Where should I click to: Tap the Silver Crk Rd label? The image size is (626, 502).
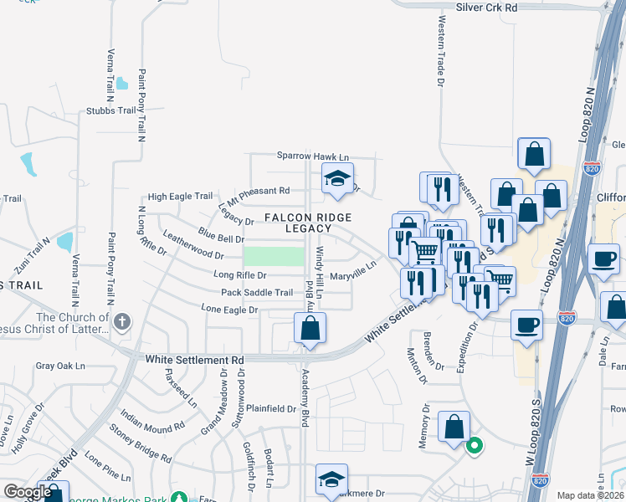click(x=488, y=7)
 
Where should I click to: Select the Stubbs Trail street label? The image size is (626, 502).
click(x=110, y=110)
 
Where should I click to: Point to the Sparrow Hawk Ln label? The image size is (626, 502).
click(x=313, y=156)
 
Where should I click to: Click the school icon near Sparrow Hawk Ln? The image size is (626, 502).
click(x=337, y=177)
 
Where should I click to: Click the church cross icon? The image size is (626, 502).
click(x=122, y=321)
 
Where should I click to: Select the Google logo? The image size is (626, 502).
click(x=28, y=492)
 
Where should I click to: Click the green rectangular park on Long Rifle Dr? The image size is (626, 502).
click(x=274, y=257)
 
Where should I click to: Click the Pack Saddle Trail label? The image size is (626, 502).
click(x=257, y=293)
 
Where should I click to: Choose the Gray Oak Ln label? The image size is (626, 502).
click(x=60, y=366)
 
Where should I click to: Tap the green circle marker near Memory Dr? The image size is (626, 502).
click(x=474, y=446)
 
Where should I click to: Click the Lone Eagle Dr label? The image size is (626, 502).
click(x=229, y=310)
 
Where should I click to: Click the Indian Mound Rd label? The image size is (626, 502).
click(x=151, y=420)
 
